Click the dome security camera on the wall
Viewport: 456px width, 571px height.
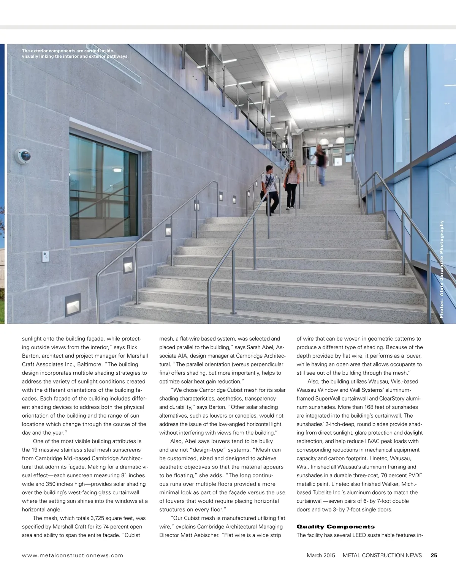point(23,156)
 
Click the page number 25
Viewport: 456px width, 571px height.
point(434,555)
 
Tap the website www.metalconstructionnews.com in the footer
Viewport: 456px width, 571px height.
point(73,555)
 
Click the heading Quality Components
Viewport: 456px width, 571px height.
point(335,527)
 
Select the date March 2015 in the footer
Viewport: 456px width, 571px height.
point(321,555)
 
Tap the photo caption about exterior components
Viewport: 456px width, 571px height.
point(75,54)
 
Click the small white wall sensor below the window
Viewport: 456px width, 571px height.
point(45,256)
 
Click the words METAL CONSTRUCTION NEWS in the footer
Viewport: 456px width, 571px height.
point(382,555)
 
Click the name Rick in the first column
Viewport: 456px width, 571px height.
point(132,347)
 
